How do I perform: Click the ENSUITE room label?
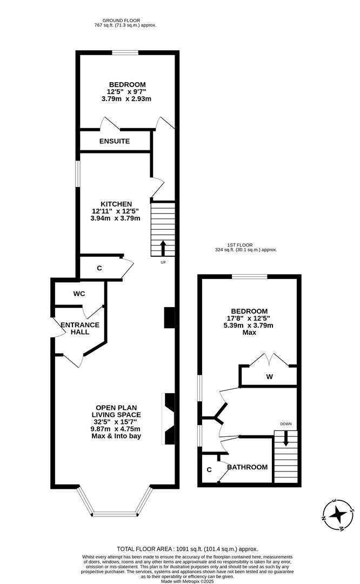tap(115, 141)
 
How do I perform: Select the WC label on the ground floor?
tap(79, 294)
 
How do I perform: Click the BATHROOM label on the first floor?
tap(247, 467)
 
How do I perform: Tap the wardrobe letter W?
tap(269, 376)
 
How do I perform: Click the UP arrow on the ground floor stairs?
tap(163, 248)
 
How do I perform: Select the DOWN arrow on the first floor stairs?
tap(286, 439)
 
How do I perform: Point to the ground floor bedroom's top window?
tap(125, 52)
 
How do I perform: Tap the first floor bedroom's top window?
tap(250, 277)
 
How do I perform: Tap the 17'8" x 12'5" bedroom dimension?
tap(249, 318)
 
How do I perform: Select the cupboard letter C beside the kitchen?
tap(99, 268)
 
